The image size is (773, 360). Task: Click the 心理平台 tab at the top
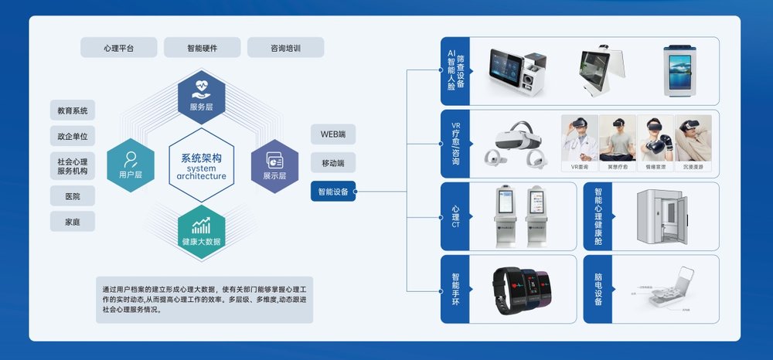[x=118, y=48]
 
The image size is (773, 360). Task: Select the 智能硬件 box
[x=202, y=48]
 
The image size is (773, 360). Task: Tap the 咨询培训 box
[x=285, y=48]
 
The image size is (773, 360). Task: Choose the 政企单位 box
[x=73, y=137]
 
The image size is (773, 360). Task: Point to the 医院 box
[x=73, y=195]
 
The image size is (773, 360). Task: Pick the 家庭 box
[x=73, y=222]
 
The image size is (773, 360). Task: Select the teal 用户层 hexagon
[x=130, y=164]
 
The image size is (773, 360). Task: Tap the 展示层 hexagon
[x=274, y=164]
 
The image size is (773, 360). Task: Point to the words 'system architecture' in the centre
[x=201, y=172]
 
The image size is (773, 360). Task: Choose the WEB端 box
[x=333, y=134]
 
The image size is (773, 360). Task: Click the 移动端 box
[x=333, y=162]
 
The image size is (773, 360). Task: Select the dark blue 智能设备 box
[x=333, y=191]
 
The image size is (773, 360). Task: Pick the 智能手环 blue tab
[x=455, y=288]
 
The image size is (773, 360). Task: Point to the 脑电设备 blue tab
[x=598, y=288]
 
